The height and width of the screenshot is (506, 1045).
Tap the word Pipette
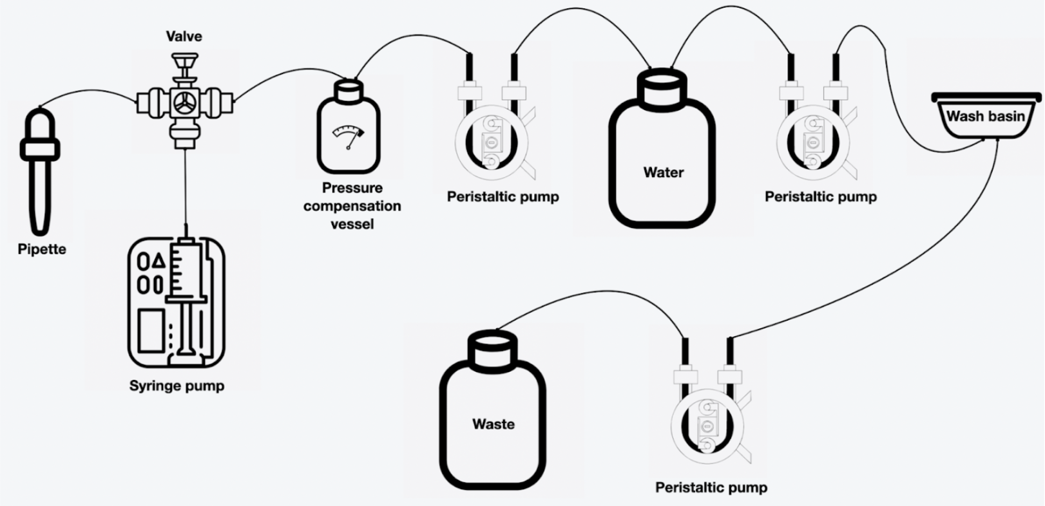click(42, 250)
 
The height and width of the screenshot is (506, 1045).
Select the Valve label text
click(184, 37)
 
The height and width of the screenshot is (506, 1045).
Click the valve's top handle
click(184, 62)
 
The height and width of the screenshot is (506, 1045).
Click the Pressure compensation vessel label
click(352, 206)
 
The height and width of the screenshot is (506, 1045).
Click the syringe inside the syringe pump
click(186, 283)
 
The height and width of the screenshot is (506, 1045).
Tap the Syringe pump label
click(177, 386)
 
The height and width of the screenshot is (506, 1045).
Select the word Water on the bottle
click(663, 173)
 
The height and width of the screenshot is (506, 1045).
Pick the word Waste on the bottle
click(493, 424)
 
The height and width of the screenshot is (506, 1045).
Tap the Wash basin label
click(985, 117)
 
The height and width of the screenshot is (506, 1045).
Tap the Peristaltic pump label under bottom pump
click(711, 487)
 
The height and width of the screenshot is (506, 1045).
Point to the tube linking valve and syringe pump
click(185, 187)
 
